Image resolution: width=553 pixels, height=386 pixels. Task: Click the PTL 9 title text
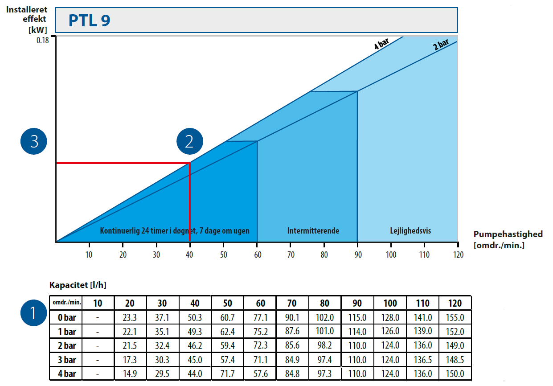[x=90, y=20]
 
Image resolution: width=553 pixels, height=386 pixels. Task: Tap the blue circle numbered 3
[x=34, y=141]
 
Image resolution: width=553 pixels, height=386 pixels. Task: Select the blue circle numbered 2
[x=189, y=141]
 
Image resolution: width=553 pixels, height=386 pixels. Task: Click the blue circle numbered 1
[x=34, y=312]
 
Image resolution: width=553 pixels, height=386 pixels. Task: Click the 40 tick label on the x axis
[x=190, y=255]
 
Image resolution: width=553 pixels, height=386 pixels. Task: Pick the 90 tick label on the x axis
[x=357, y=255]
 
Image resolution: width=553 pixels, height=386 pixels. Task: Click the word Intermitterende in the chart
[x=313, y=231]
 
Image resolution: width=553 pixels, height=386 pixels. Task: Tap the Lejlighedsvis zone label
[x=410, y=231]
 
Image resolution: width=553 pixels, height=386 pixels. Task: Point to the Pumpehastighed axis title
[x=508, y=234]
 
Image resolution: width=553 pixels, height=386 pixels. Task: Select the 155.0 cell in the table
[x=455, y=317]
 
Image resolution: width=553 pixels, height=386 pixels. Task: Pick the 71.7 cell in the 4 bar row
[x=227, y=374]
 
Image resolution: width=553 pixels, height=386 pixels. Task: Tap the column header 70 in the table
[x=292, y=303]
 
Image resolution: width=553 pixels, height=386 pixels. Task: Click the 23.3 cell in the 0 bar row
[x=130, y=317]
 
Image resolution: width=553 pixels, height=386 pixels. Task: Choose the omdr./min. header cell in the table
[x=66, y=303]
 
